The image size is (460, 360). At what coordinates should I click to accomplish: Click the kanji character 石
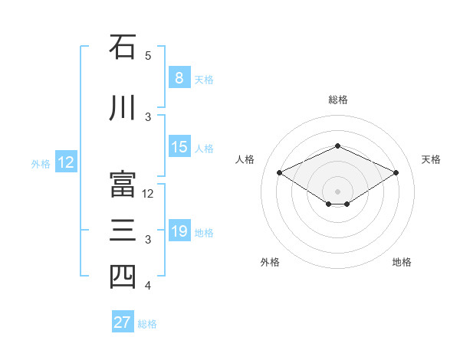123,47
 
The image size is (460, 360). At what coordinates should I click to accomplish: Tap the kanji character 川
123,108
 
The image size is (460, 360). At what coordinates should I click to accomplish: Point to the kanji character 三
123,231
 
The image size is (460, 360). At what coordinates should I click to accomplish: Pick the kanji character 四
123,277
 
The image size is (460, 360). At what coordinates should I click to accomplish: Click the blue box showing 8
179,77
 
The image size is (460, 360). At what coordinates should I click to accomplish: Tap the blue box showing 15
179,147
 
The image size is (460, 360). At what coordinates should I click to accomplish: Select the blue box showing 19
179,231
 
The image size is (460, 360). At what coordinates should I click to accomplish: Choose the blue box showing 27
123,322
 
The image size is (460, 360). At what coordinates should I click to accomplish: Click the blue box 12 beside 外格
66,162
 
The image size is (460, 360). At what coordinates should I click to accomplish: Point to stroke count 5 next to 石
148,56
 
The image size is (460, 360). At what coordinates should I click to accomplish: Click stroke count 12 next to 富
149,194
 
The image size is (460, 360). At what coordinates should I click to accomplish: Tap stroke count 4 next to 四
148,286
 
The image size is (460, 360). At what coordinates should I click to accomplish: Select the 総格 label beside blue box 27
147,324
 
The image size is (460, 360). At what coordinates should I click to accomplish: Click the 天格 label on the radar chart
431,159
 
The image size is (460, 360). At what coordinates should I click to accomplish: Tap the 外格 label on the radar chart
270,262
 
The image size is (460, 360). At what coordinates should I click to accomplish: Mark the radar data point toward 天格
396,172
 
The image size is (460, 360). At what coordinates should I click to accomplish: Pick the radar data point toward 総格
337,146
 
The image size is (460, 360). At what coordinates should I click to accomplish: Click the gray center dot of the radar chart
337,191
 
